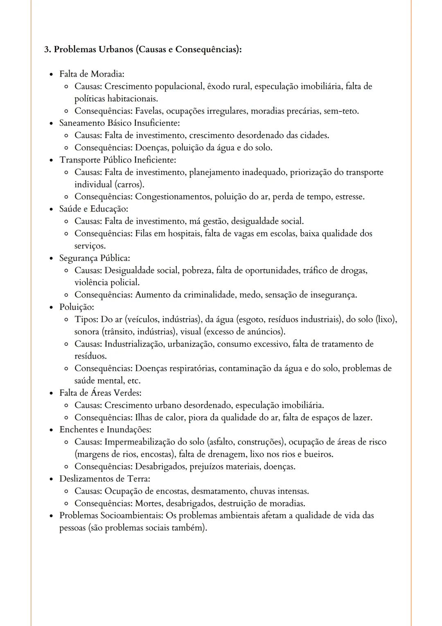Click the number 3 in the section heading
(x=47, y=50)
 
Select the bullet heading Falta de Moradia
(x=92, y=74)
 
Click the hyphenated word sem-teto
(x=341, y=111)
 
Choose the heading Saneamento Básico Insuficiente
(x=120, y=123)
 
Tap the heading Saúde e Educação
(x=94, y=209)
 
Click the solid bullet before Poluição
(x=51, y=307)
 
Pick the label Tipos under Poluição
(x=86, y=319)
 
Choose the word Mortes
(x=149, y=503)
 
